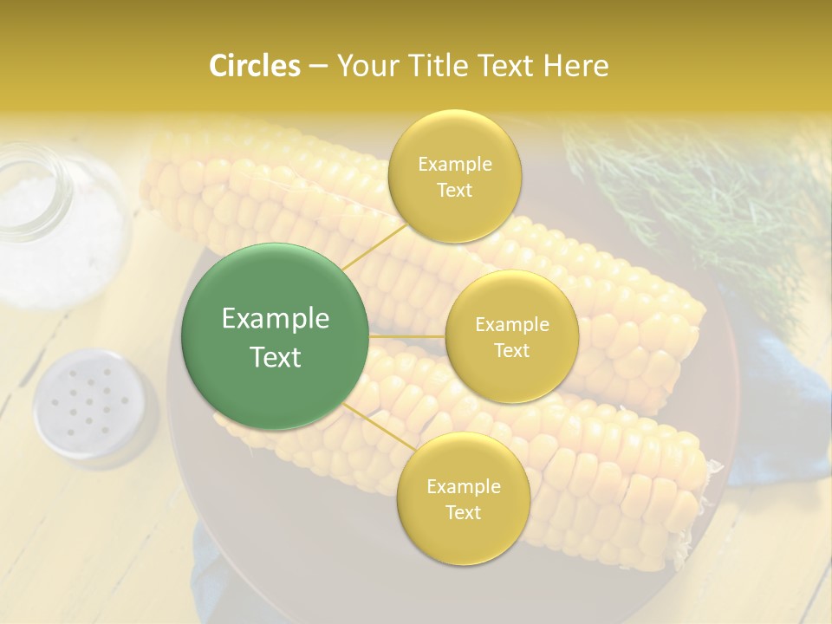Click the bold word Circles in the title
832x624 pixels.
coord(254,66)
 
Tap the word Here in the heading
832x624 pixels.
coord(575,66)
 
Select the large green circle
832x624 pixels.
coord(276,337)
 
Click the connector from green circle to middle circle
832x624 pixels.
coord(407,335)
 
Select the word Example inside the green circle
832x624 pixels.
coord(276,319)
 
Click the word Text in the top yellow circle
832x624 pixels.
coord(455,191)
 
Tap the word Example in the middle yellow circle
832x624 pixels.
coord(512,325)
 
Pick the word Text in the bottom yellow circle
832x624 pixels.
coord(463,512)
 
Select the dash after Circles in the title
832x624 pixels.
coord(317,67)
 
